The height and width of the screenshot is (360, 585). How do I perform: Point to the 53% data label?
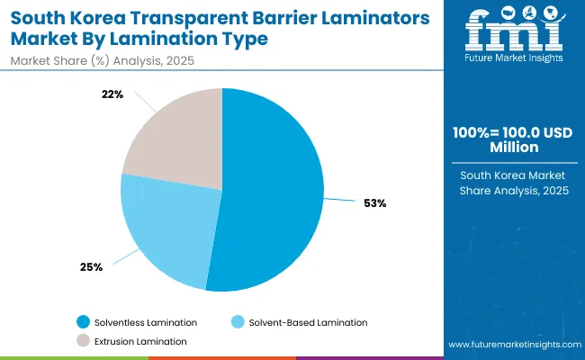point(376,203)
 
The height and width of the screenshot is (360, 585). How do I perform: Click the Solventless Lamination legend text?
point(147,322)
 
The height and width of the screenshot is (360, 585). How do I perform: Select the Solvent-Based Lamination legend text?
point(308,322)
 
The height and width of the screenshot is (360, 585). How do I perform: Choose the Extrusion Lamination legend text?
point(140,341)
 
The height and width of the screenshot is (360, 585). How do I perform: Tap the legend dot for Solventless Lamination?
point(84,322)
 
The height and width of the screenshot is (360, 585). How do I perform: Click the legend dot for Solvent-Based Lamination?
point(238,322)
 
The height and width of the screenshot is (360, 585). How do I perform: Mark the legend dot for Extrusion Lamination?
point(84,341)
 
